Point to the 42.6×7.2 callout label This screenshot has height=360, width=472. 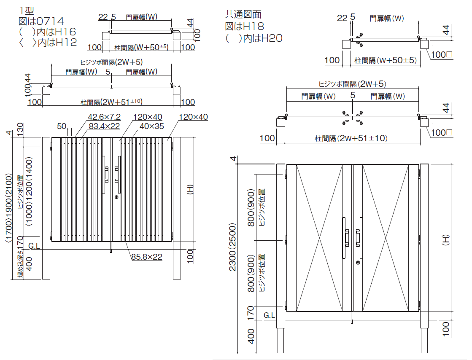[104, 117]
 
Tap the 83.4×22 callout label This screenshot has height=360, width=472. [104, 126]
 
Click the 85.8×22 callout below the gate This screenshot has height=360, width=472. [146, 256]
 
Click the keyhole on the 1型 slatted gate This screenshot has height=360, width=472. [116, 197]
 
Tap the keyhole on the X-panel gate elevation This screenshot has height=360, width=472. [358, 263]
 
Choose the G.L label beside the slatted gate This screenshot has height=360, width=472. [34, 246]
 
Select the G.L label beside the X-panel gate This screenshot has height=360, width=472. [270, 315]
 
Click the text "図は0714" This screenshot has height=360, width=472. [41, 20]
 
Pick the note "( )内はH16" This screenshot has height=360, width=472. [48, 31]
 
